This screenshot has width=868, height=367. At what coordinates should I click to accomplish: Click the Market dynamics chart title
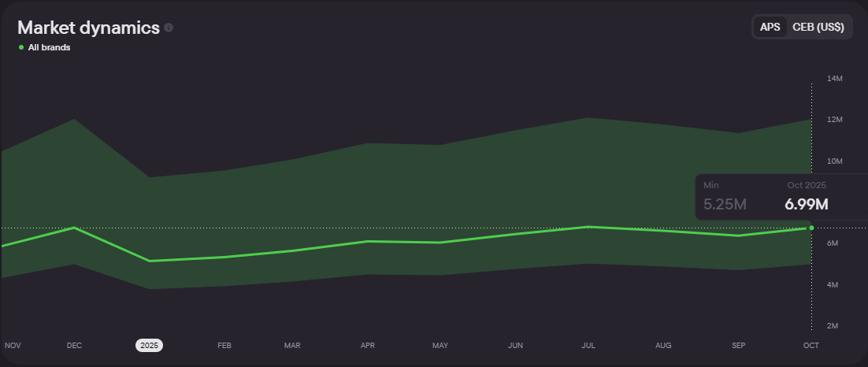tap(88, 28)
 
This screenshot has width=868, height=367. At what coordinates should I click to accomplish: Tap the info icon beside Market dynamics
tap(169, 28)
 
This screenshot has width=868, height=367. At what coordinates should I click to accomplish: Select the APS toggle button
tap(770, 27)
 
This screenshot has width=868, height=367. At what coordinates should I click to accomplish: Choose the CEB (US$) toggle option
tap(818, 27)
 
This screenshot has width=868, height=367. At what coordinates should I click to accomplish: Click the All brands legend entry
tap(49, 47)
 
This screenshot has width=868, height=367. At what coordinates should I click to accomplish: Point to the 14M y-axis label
tap(835, 79)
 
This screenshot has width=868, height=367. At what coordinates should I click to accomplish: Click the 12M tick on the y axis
tap(835, 120)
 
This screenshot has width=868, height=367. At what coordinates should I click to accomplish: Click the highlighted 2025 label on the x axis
tap(149, 345)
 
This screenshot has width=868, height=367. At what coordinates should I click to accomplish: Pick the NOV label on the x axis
tap(13, 345)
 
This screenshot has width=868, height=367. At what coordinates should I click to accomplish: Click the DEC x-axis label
tap(74, 345)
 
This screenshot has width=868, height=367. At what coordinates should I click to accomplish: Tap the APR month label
tap(367, 345)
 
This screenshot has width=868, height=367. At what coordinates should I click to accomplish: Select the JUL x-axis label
tap(588, 345)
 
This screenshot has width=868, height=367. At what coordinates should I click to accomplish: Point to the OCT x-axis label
tap(811, 345)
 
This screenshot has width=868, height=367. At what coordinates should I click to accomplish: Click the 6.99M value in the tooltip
tap(806, 205)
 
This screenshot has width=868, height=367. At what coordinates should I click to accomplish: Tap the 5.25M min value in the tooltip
tap(725, 205)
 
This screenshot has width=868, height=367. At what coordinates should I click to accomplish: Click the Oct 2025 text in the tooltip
tap(806, 185)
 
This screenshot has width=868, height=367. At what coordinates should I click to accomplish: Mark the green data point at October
tap(811, 228)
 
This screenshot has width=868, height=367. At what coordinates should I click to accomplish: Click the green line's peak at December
tap(74, 228)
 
